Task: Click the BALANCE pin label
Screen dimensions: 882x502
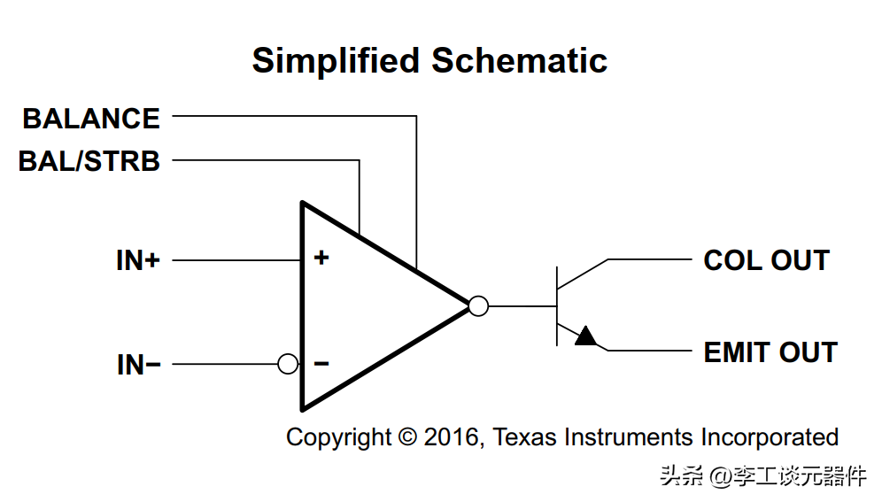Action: pos(91,119)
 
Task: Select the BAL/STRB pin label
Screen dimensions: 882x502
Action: pos(89,161)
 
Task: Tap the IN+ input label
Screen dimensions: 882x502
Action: pos(138,261)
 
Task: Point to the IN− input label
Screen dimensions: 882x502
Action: pos(138,365)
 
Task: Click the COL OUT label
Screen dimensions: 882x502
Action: pos(766,261)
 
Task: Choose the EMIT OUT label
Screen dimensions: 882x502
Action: pos(770,352)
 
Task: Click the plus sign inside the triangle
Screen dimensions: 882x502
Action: pos(321,258)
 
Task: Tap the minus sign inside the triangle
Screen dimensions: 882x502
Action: pos(321,364)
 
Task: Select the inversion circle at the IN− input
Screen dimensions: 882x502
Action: pos(288,364)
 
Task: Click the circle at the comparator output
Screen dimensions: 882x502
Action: pos(478,306)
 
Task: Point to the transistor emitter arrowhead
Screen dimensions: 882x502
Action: pos(585,336)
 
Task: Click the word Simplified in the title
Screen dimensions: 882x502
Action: pos(336,61)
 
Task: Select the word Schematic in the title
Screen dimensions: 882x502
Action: pos(519,61)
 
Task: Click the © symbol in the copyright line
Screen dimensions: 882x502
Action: pos(407,437)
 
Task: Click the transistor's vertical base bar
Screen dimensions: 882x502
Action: pos(557,306)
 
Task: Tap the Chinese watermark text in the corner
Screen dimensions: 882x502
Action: pos(762,476)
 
